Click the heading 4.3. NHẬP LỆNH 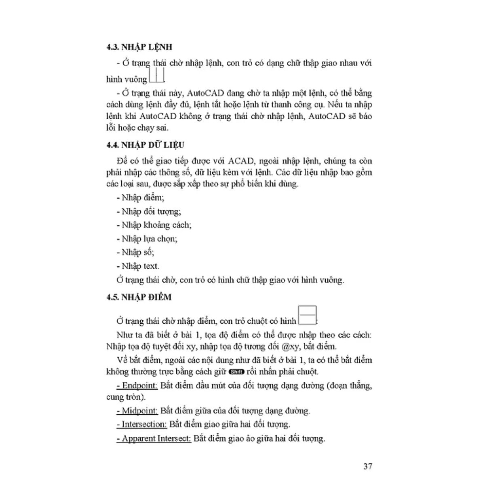click(x=139, y=47)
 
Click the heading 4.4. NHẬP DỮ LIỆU click(x=145, y=145)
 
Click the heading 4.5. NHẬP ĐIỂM click(x=139, y=297)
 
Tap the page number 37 click(x=367, y=466)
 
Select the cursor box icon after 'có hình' click(x=307, y=316)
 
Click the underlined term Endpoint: click(x=137, y=385)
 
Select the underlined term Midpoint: click(x=137, y=411)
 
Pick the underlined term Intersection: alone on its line click(x=142, y=424)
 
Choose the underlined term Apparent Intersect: click(x=154, y=438)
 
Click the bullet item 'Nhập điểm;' click(x=140, y=198)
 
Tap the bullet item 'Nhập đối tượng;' click(x=149, y=211)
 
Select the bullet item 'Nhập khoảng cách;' click(x=154, y=225)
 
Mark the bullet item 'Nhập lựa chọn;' click(x=147, y=239)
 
